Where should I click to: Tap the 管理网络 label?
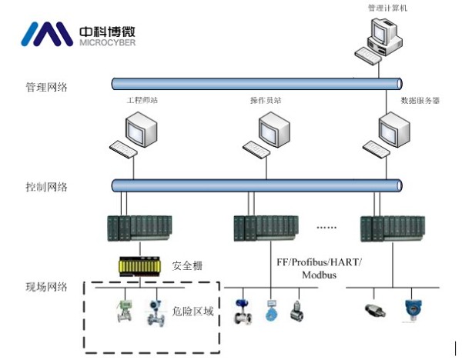[x=46, y=87]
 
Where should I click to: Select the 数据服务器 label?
[x=420, y=100]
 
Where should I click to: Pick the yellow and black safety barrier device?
[x=139, y=266]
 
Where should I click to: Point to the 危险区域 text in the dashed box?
[x=192, y=312]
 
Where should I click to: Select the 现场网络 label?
[x=46, y=287]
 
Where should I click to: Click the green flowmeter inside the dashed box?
[x=123, y=311]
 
